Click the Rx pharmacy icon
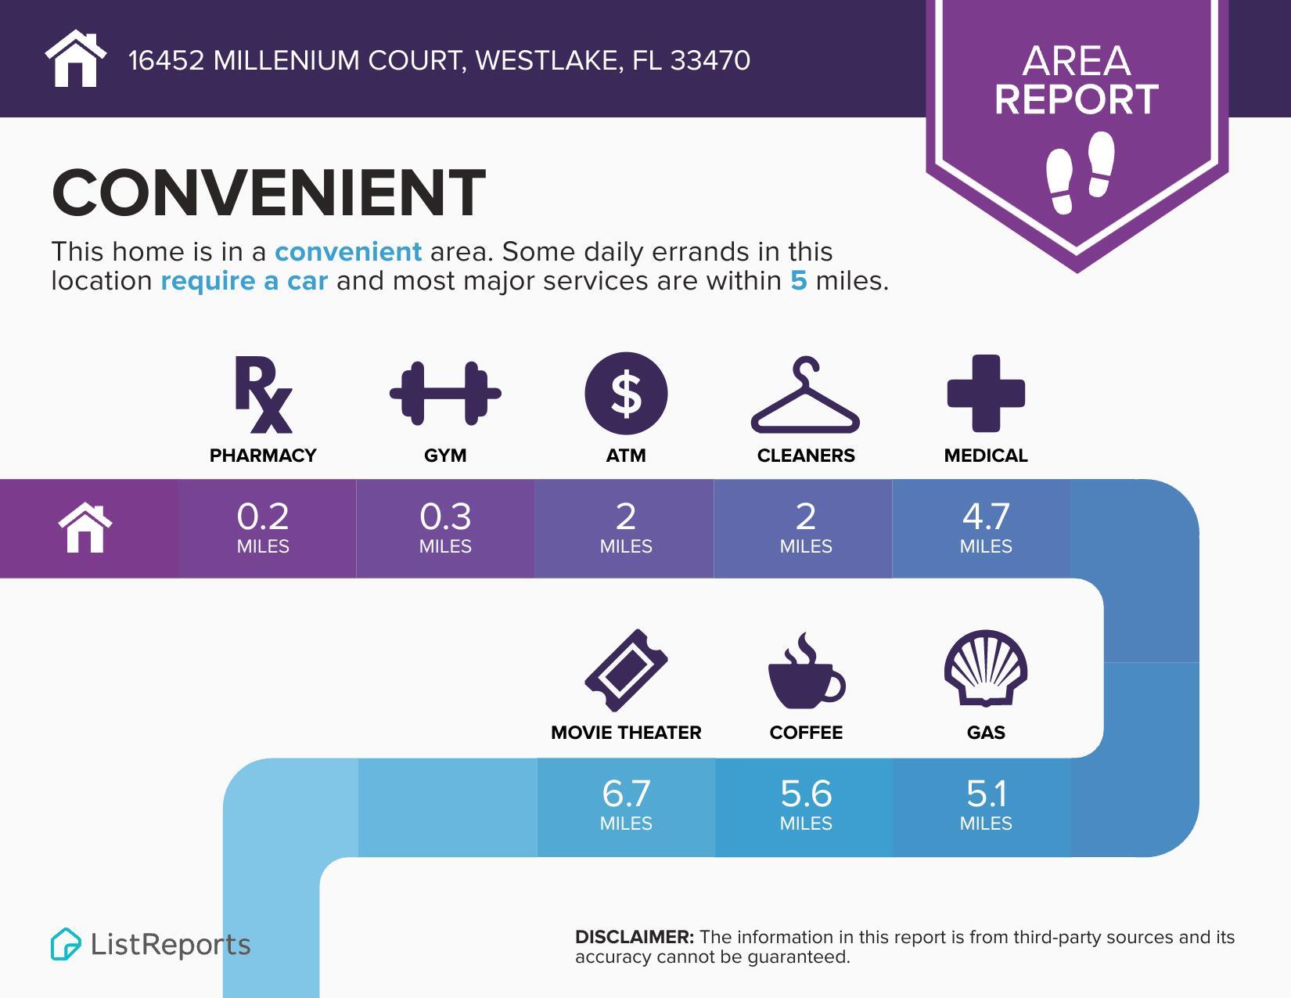[x=263, y=395]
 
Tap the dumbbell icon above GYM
[x=445, y=394]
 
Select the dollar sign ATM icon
[x=626, y=394]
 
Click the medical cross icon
[x=986, y=394]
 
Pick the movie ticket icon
[x=626, y=671]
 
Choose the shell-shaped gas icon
[x=986, y=670]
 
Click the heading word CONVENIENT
[x=268, y=193]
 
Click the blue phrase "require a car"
[x=244, y=281]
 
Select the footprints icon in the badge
[x=1080, y=172]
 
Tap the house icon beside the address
[x=75, y=59]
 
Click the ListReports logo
[x=151, y=945]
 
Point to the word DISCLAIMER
[x=634, y=937]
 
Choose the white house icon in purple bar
[x=85, y=528]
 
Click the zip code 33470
[x=710, y=60]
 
